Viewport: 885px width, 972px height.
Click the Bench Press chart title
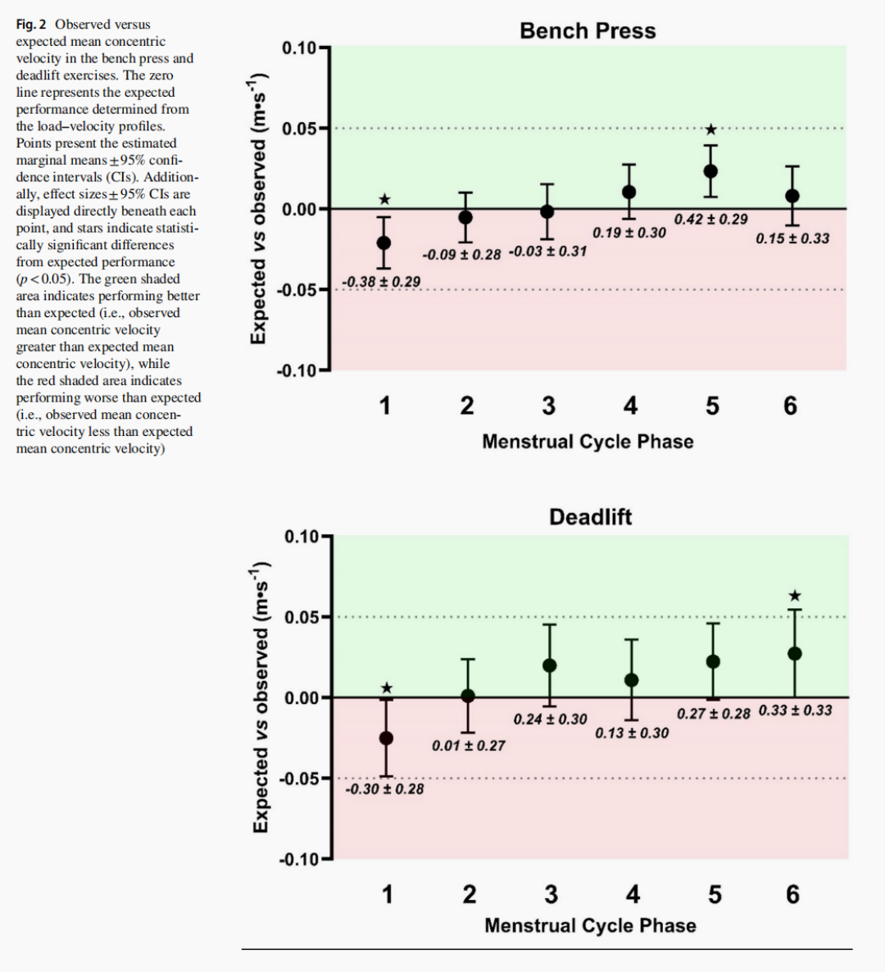pos(588,31)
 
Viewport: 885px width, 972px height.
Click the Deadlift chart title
pos(591,517)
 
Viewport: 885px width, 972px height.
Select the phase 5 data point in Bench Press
pos(710,171)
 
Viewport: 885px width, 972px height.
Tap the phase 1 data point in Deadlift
pos(386,738)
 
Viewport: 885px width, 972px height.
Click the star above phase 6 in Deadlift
pos(795,596)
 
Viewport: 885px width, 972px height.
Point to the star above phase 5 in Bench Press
pos(711,129)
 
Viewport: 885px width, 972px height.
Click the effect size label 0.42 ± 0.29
pos(710,220)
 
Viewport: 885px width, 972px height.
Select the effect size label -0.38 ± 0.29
pos(381,282)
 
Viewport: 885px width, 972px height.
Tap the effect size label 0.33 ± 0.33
pos(795,711)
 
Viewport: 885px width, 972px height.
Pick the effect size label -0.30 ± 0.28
pos(384,789)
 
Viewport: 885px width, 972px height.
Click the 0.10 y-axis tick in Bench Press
pos(299,48)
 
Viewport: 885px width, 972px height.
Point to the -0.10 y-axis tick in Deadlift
pos(299,859)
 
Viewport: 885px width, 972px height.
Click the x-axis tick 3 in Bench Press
pos(548,406)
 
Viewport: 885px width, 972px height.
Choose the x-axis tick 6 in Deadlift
pos(792,894)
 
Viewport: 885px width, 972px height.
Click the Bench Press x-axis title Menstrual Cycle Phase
pos(588,442)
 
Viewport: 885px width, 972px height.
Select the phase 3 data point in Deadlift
pos(550,665)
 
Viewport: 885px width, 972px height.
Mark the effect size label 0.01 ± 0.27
pos(469,746)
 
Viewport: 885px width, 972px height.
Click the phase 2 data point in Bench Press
pos(465,217)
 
